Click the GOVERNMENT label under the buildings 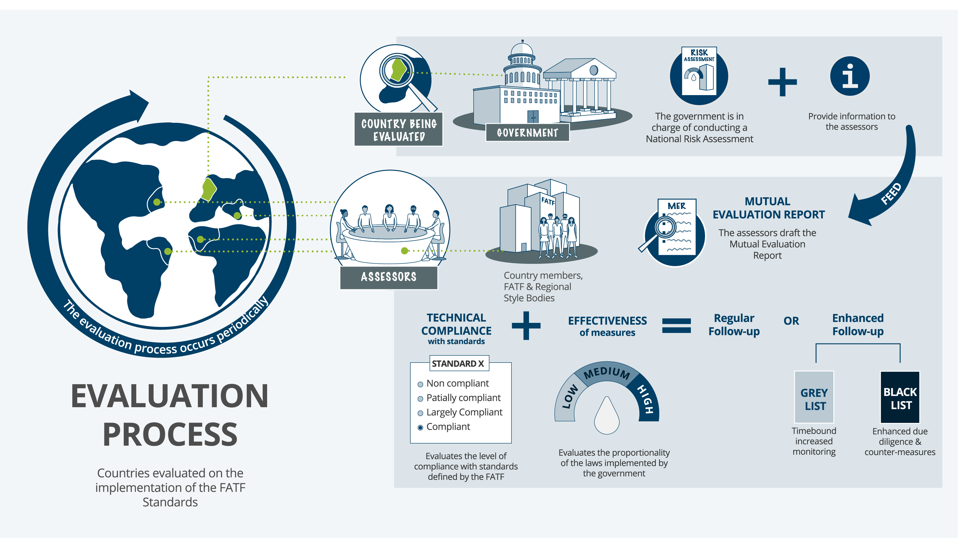[527, 132]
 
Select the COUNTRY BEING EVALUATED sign [399, 130]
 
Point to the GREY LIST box [814, 397]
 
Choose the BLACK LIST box [900, 397]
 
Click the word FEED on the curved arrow [892, 194]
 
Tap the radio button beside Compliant [420, 428]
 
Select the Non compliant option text [457, 383]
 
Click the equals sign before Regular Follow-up [676, 326]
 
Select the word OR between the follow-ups [791, 321]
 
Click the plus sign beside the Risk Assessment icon [783, 82]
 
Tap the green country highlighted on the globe [209, 189]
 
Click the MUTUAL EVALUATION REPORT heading [768, 208]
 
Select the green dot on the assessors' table [405, 251]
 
